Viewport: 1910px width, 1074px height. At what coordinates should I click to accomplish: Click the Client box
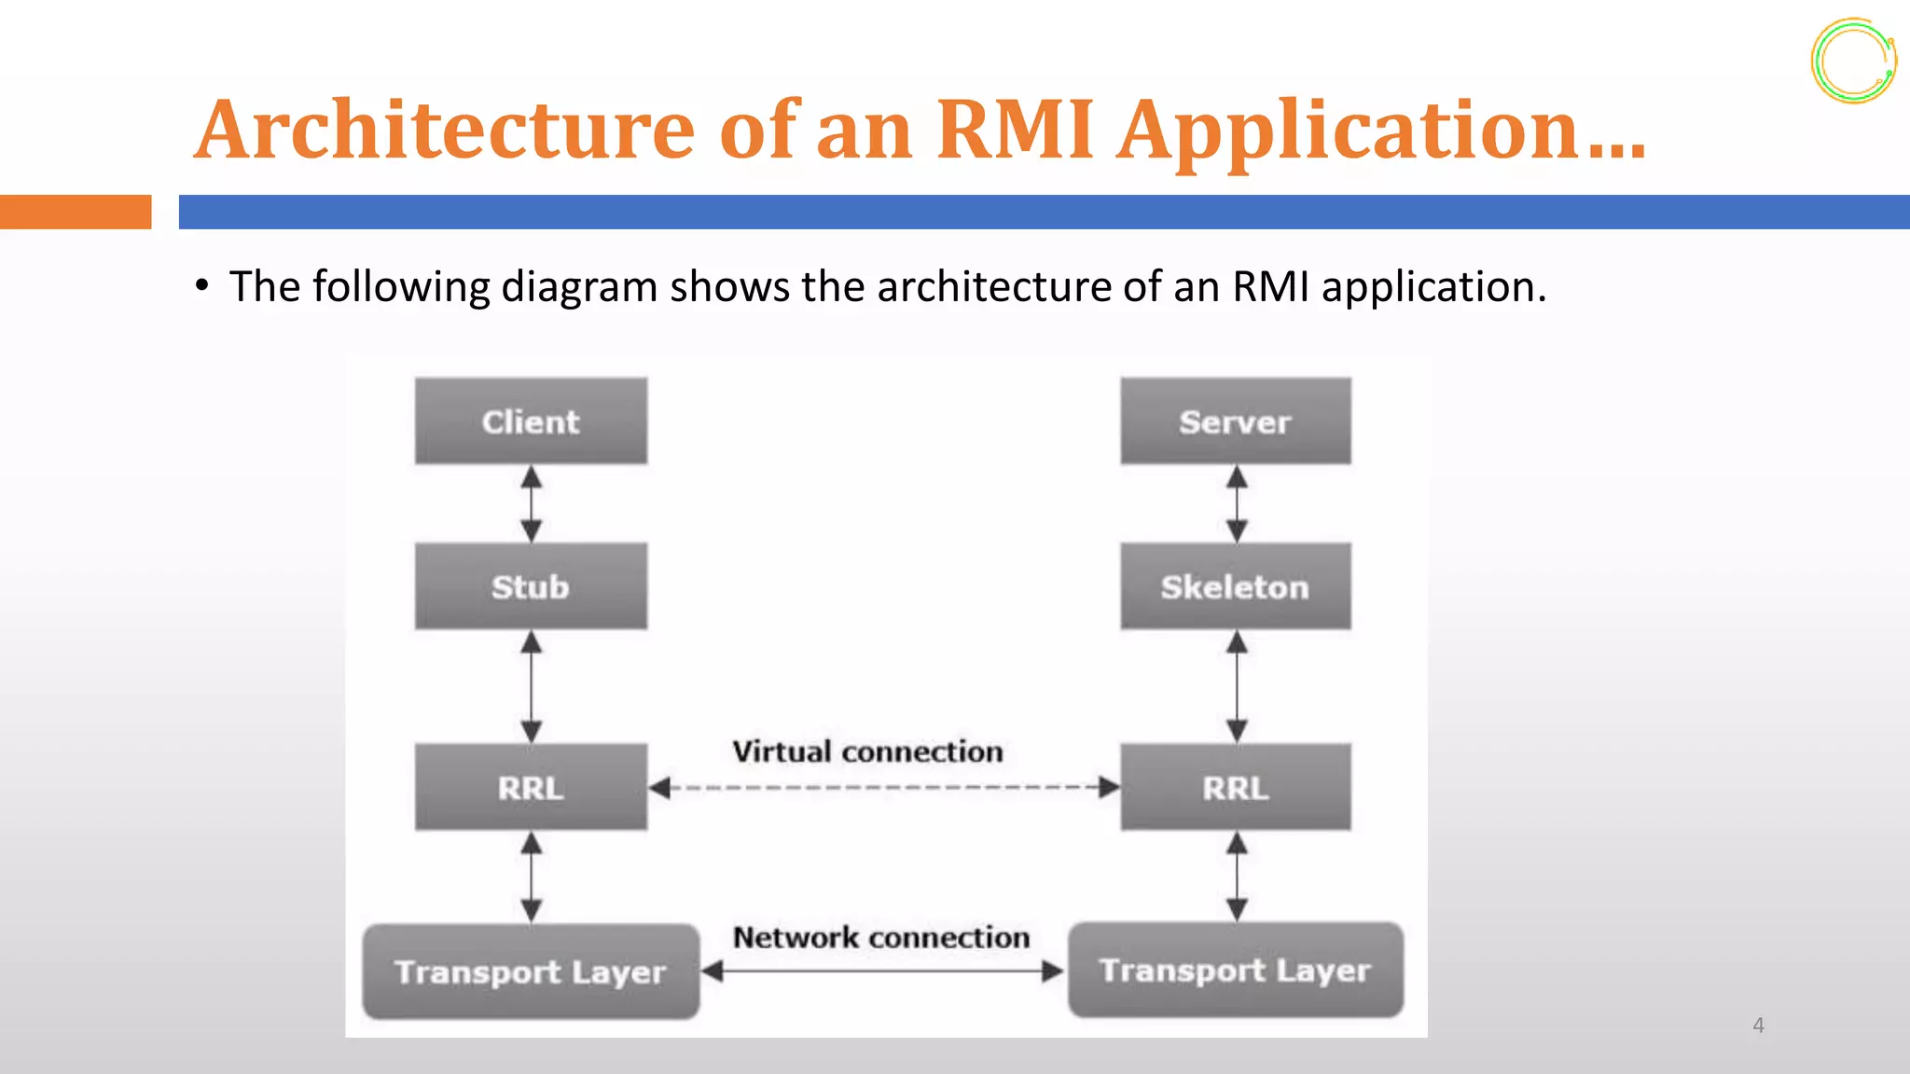click(531, 421)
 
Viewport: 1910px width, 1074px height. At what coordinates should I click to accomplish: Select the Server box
click(1235, 421)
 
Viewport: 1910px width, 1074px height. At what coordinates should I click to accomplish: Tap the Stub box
click(531, 586)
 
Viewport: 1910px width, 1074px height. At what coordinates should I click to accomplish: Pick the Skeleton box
click(1235, 586)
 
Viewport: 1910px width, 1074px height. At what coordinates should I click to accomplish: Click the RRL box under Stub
click(531, 788)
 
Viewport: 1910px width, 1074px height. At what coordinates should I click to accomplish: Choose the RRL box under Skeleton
click(1235, 788)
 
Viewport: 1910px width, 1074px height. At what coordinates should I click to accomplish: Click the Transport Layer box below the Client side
click(531, 971)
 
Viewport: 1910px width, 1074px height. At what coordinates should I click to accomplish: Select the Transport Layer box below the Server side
click(1235, 970)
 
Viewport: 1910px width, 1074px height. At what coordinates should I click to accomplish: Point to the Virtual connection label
click(867, 751)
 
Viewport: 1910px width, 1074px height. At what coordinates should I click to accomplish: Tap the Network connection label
click(881, 937)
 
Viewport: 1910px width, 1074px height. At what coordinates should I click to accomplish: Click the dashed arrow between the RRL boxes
click(883, 788)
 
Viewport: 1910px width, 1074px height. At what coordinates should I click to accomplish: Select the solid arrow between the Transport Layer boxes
click(881, 971)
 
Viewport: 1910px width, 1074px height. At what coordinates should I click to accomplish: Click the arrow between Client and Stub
click(532, 504)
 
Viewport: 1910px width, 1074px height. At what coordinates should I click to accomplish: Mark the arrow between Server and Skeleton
click(1237, 504)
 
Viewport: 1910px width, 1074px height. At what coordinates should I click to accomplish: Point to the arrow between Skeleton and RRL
click(1237, 687)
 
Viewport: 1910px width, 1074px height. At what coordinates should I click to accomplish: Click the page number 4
click(1758, 1026)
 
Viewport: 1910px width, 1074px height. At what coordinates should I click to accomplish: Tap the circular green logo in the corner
click(1853, 61)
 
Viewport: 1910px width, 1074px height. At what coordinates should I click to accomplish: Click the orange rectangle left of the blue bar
click(76, 212)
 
